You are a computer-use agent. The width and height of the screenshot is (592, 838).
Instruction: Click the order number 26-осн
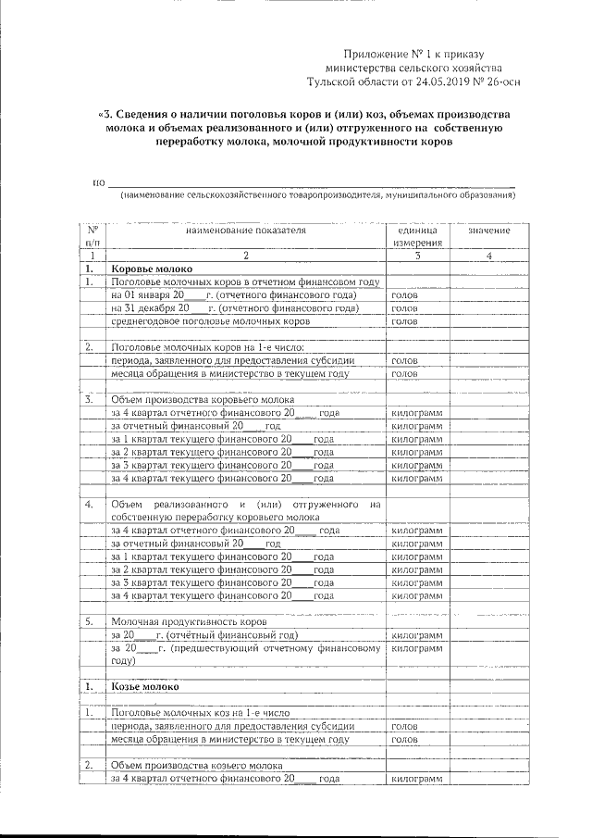[x=488, y=81]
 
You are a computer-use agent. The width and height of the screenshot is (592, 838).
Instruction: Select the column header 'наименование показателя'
[x=245, y=230]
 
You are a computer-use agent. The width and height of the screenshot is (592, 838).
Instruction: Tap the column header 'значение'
[x=489, y=230]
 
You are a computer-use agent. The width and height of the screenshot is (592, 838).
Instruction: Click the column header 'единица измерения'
[x=418, y=235]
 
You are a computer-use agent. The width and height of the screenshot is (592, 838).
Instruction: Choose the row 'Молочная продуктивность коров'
[x=189, y=622]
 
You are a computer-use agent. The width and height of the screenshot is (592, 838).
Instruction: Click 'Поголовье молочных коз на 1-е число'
[x=200, y=714]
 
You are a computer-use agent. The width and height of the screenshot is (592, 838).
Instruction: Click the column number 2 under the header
[x=246, y=255]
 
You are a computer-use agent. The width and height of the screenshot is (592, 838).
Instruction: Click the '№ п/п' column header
[x=92, y=235]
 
